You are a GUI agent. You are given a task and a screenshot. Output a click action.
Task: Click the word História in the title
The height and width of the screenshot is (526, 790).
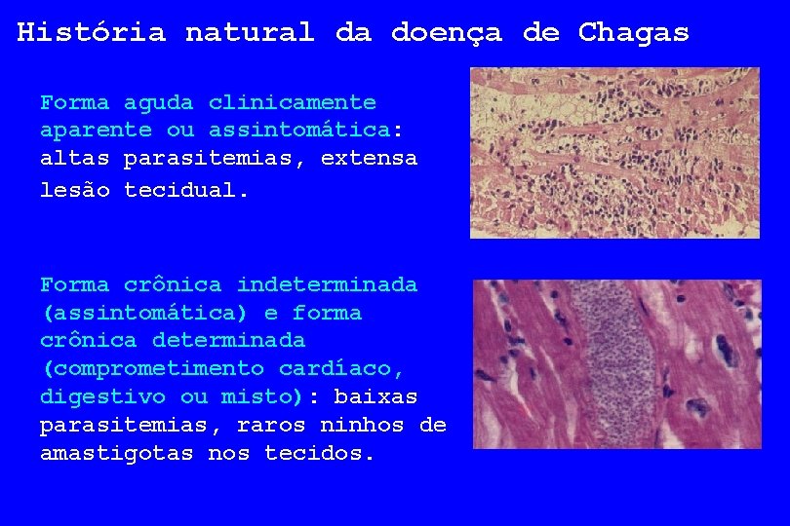[x=91, y=32]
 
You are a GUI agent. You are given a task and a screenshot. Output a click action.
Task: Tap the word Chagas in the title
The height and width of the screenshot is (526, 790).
[x=633, y=32]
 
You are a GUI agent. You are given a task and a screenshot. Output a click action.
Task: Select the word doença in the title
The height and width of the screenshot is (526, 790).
[x=446, y=32]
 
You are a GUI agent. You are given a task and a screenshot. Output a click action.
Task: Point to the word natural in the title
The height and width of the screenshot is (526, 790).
[x=249, y=32]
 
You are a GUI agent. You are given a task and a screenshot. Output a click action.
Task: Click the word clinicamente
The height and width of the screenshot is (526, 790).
[x=292, y=102]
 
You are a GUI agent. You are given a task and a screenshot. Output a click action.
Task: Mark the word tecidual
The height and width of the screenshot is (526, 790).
[x=186, y=190]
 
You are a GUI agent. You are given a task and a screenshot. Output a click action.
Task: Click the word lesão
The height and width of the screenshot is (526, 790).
[x=74, y=190]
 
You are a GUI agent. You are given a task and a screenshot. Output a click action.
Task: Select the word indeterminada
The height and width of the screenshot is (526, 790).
[x=327, y=285]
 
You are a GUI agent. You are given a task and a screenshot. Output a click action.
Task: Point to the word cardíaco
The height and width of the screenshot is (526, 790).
[x=340, y=369]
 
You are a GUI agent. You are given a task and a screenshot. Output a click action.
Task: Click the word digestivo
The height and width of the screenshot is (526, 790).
[x=102, y=397]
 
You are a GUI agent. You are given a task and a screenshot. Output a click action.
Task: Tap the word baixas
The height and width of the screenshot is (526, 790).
[x=375, y=397]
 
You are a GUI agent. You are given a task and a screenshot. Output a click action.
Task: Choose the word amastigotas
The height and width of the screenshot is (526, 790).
[x=116, y=454]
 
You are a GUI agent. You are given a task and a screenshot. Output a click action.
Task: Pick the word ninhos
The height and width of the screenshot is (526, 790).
[x=362, y=426]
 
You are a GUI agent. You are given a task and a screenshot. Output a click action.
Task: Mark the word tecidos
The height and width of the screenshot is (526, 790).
[x=319, y=454]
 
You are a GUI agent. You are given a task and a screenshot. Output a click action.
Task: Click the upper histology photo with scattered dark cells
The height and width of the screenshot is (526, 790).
[x=614, y=153]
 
